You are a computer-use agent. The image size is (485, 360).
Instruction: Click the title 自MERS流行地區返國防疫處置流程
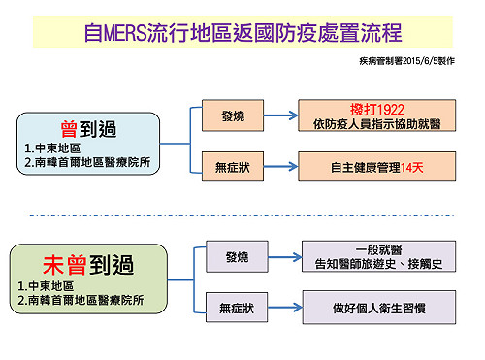point(242,31)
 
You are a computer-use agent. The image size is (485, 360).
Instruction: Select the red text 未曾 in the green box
point(61,263)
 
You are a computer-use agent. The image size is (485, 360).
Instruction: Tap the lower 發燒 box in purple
point(237,257)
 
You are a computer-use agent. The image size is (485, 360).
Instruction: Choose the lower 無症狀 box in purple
point(237,309)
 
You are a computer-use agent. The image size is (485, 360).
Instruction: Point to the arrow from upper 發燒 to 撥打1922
point(281,116)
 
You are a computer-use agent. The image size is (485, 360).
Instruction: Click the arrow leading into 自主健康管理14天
point(281,167)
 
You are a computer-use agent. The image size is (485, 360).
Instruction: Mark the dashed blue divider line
point(242,215)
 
